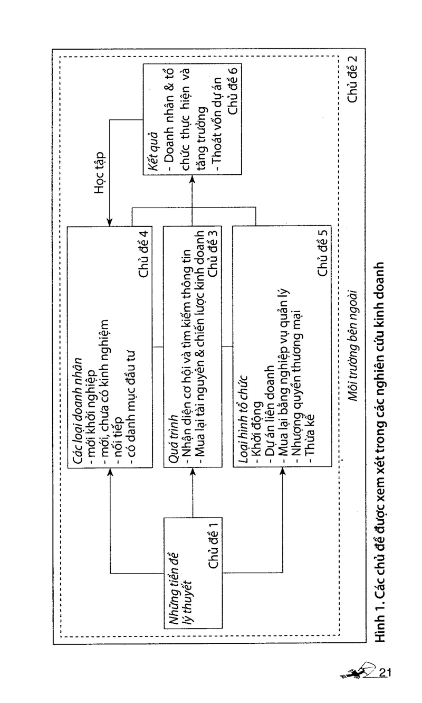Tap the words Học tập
(100, 173)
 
